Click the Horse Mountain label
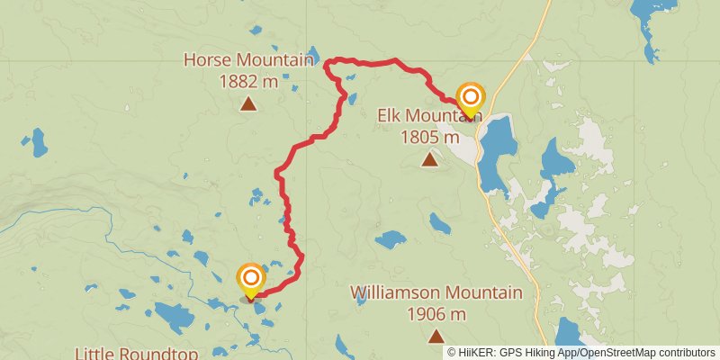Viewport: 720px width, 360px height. pos(248,60)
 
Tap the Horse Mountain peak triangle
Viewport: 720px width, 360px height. pos(248,103)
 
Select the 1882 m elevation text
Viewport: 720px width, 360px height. pos(248,82)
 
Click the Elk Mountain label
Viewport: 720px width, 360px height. pos(429,116)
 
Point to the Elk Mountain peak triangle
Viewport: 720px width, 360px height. pos(430,160)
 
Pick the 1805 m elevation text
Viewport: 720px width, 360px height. pos(429,138)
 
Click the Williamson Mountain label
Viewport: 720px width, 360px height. pos(436,292)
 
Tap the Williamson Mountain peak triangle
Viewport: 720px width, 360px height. pos(436,337)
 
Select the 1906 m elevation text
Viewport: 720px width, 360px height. pos(436,314)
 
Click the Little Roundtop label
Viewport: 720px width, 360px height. pos(136,353)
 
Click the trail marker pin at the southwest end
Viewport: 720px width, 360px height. pos(250,280)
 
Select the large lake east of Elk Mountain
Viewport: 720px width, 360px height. pos(494,153)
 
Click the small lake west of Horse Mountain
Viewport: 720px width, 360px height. pos(39,141)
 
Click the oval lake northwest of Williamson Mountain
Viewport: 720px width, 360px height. pos(391,239)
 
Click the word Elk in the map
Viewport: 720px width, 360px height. pos(390,116)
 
